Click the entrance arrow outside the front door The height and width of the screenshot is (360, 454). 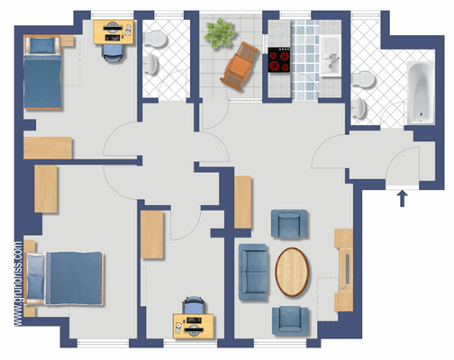402,197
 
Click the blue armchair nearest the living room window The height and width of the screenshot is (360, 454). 289,319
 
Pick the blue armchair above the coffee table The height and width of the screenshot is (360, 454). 289,224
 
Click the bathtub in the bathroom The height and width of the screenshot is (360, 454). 421,94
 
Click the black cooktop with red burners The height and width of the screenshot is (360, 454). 281,60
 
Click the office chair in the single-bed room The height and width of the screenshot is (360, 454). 113,51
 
